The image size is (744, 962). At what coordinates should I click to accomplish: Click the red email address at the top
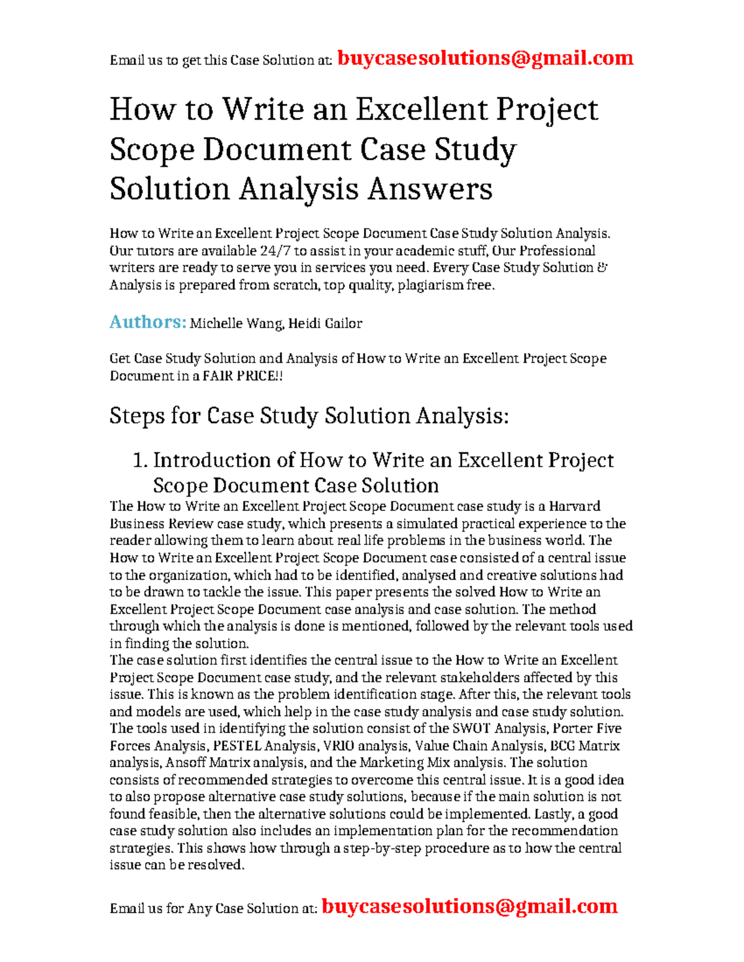point(485,58)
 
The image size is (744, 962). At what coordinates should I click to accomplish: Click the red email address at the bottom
point(469,906)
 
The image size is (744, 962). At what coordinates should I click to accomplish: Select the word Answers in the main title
point(430,189)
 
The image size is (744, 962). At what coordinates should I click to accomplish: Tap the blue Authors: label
point(148,322)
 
